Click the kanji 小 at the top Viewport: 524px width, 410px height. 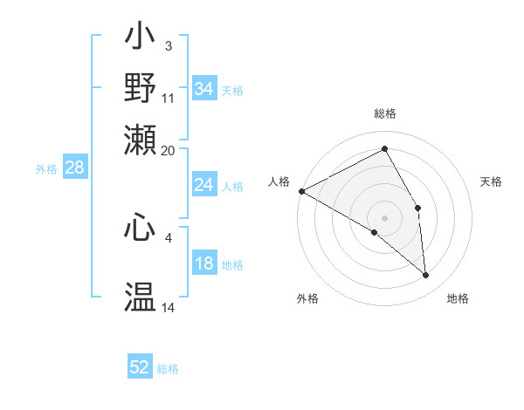pyautogui.click(x=141, y=40)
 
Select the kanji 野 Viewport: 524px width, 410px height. pyautogui.click(x=141, y=88)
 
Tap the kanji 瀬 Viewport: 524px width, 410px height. pyautogui.click(x=141, y=137)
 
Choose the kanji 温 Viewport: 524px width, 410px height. pyautogui.click(x=141, y=297)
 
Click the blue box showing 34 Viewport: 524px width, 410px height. pyautogui.click(x=203, y=89)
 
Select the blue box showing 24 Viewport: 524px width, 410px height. pyautogui.click(x=203, y=185)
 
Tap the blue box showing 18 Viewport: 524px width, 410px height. pyautogui.click(x=203, y=264)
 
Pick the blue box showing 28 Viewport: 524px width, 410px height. pyautogui.click(x=74, y=168)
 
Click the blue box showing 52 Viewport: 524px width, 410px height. pyautogui.click(x=140, y=367)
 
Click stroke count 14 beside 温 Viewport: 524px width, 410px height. pyautogui.click(x=169, y=308)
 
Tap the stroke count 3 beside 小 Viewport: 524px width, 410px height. pyautogui.click(x=168, y=45)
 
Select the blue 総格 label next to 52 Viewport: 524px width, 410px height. pyautogui.click(x=168, y=369)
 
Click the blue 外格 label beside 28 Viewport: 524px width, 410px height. pyautogui.click(x=46, y=169)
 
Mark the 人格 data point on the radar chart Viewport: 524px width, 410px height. pyautogui.click(x=301, y=191)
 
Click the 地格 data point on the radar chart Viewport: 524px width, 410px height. pyautogui.click(x=425, y=276)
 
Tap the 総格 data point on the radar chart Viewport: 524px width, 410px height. pyautogui.click(x=384, y=149)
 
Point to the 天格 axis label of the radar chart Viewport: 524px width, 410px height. pyautogui.click(x=492, y=181)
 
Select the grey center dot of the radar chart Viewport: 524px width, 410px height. pyautogui.click(x=384, y=217)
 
